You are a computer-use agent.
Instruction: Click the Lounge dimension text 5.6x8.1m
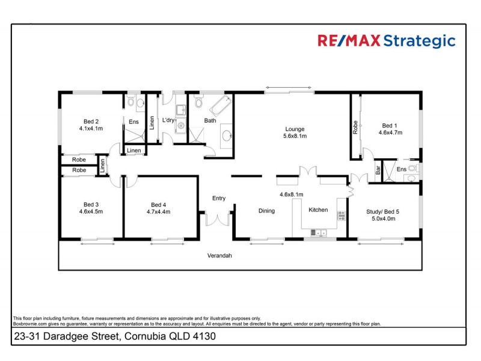click(x=295, y=137)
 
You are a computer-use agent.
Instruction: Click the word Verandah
click(x=219, y=256)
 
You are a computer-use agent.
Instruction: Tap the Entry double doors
click(x=217, y=219)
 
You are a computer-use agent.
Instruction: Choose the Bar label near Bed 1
click(x=378, y=170)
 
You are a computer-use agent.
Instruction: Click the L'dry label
click(x=168, y=120)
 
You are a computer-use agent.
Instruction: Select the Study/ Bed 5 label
click(x=383, y=211)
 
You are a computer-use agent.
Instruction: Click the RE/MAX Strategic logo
click(x=386, y=41)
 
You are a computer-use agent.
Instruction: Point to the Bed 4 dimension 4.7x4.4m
click(x=159, y=212)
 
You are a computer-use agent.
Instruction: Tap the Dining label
click(x=266, y=211)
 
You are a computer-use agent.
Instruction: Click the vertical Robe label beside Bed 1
click(x=355, y=126)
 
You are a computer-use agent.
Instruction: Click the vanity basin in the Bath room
click(x=227, y=135)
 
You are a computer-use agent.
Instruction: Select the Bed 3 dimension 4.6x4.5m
click(x=91, y=212)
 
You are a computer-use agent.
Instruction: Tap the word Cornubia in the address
click(x=142, y=337)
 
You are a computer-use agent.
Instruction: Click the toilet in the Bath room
click(x=198, y=103)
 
